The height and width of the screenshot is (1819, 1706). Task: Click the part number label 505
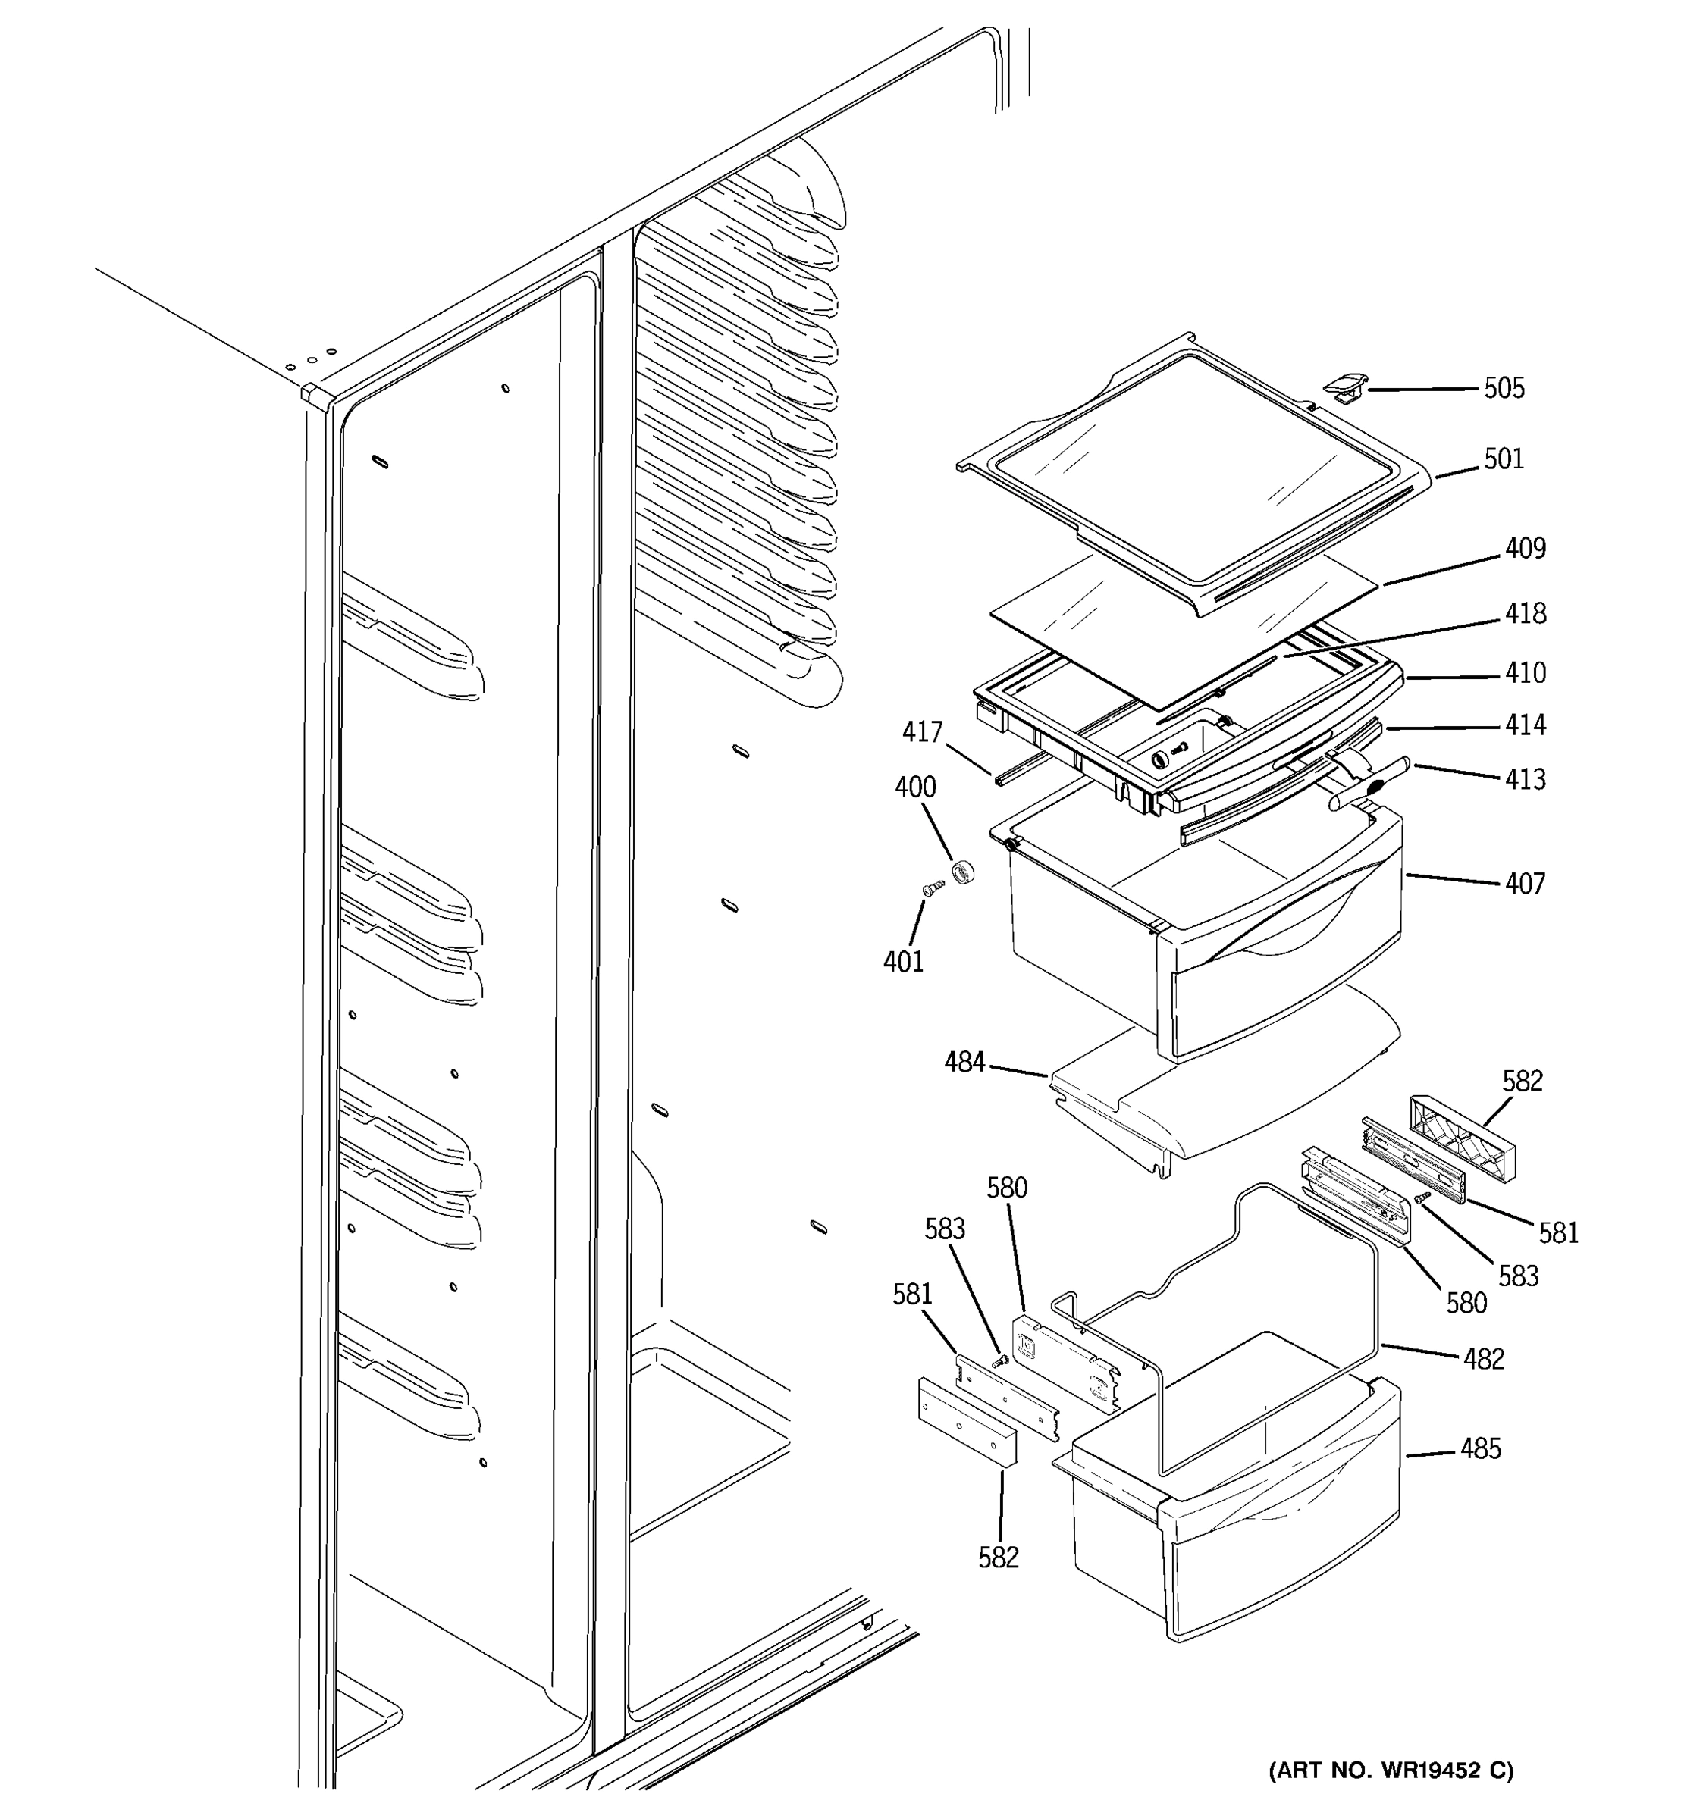point(1504,389)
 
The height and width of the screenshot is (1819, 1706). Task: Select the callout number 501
point(1504,459)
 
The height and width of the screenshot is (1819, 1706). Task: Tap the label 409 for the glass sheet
point(1525,548)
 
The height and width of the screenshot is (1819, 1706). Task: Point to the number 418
point(1525,613)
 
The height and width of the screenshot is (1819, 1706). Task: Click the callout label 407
point(1525,883)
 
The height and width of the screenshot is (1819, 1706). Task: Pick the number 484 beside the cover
point(964,1063)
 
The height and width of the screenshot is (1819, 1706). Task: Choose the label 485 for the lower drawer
point(1480,1448)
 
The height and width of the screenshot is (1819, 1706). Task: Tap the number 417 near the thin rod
point(922,732)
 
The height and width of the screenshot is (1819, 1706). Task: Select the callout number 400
point(915,787)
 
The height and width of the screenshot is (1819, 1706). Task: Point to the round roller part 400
point(961,872)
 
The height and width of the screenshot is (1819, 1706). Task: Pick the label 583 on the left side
point(945,1228)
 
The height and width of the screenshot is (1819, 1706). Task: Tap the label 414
point(1525,725)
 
